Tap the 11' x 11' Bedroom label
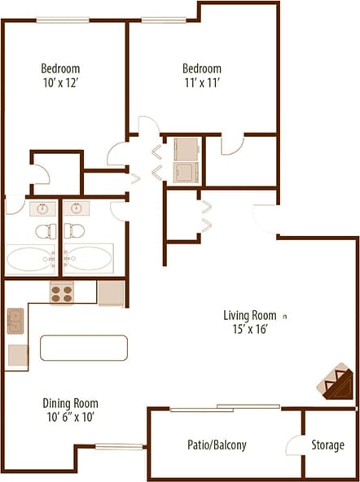201,75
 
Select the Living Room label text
250,322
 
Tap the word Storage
327,445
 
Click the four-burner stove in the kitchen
62,292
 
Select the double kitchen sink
15,322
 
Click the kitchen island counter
83,348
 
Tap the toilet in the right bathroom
75,230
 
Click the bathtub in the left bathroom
30,259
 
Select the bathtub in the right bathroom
89,259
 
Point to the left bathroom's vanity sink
42,208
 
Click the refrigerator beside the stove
110,292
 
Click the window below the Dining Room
120,445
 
